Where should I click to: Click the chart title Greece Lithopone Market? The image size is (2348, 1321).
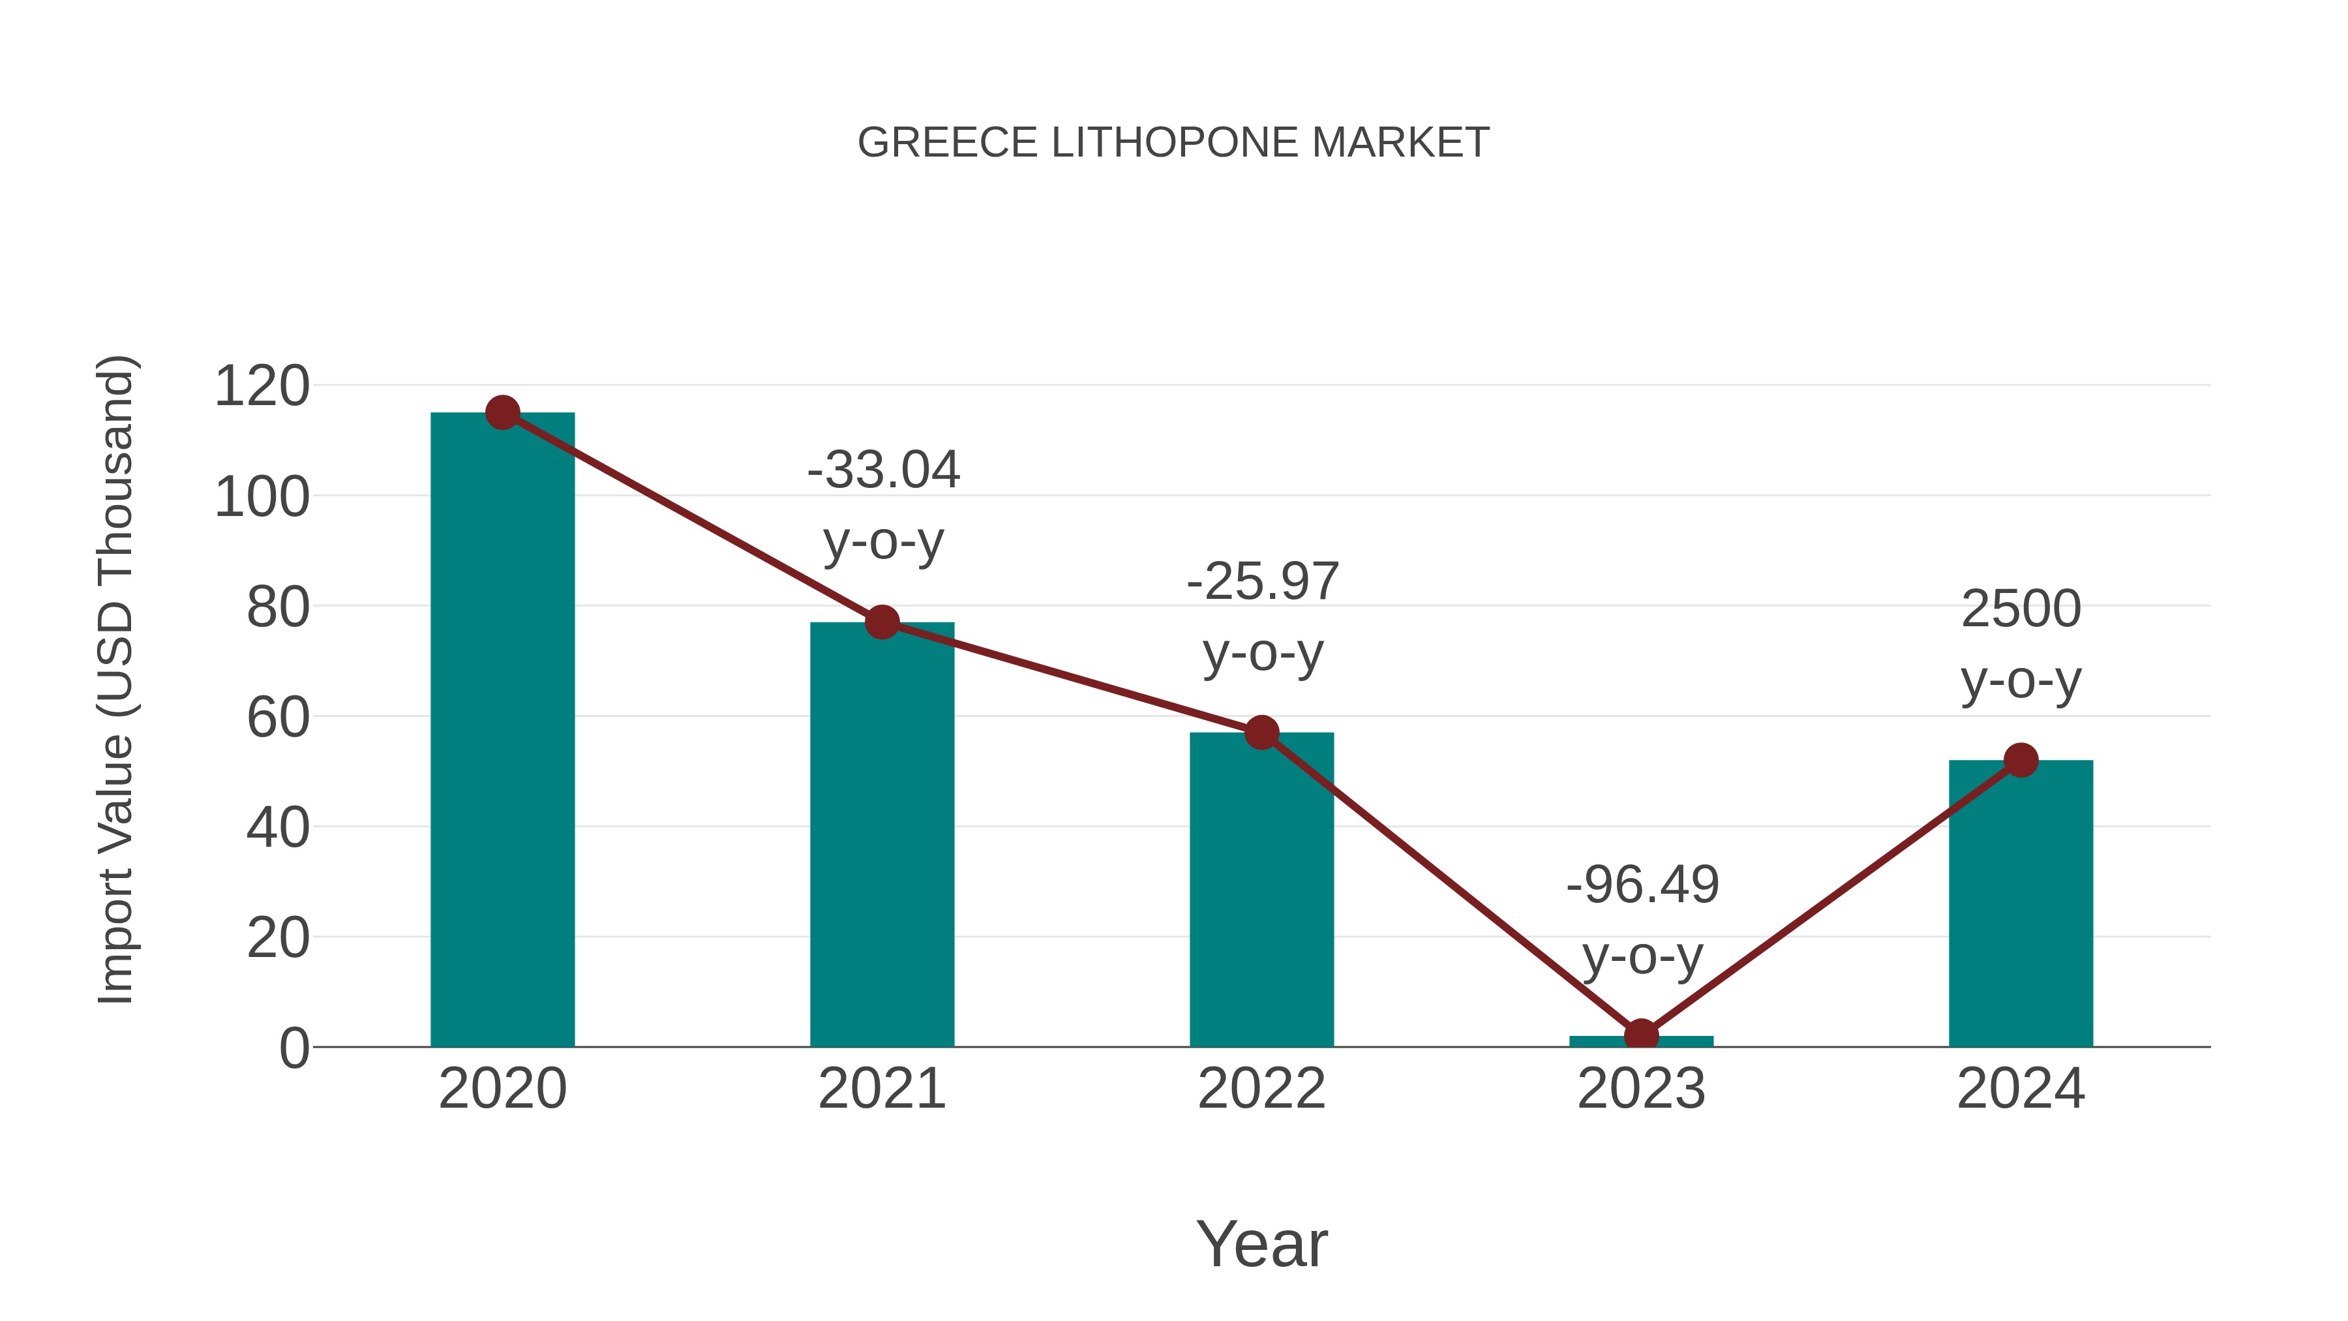click(1173, 143)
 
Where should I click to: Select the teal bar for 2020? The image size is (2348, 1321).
click(502, 729)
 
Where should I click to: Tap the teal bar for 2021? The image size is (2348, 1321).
click(881, 834)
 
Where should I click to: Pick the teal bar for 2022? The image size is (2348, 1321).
click(1261, 889)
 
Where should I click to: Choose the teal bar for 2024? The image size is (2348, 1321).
click(2021, 903)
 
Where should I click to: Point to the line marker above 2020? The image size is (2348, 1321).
click(502, 413)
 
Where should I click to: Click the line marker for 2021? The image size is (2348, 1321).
click(881, 623)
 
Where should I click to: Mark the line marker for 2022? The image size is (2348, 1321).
click(1261, 732)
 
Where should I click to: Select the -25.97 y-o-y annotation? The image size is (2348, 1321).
click(1263, 616)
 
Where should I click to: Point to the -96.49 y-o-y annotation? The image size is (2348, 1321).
click(1642, 919)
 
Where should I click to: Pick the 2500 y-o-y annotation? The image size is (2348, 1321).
click(2021, 644)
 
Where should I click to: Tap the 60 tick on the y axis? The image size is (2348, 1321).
click(278, 718)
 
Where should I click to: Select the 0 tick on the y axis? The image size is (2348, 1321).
click(293, 1048)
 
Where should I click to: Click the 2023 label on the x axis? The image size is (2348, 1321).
click(1641, 1089)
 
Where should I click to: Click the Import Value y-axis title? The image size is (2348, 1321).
click(115, 679)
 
